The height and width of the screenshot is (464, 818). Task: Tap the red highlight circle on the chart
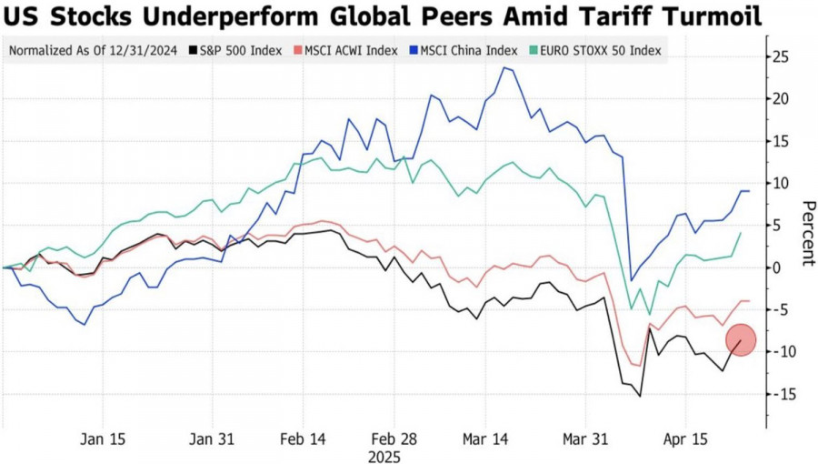pyautogui.click(x=740, y=340)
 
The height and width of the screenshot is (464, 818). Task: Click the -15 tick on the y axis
pyautogui.click(x=780, y=394)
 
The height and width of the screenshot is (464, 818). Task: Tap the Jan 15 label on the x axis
pyautogui.click(x=104, y=439)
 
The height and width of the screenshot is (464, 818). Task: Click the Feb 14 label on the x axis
pyautogui.click(x=304, y=439)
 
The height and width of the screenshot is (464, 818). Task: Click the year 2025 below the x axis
pyautogui.click(x=384, y=455)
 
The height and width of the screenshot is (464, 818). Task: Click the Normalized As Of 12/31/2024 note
pyautogui.click(x=94, y=50)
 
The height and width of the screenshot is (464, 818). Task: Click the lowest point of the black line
pyautogui.click(x=640, y=396)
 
